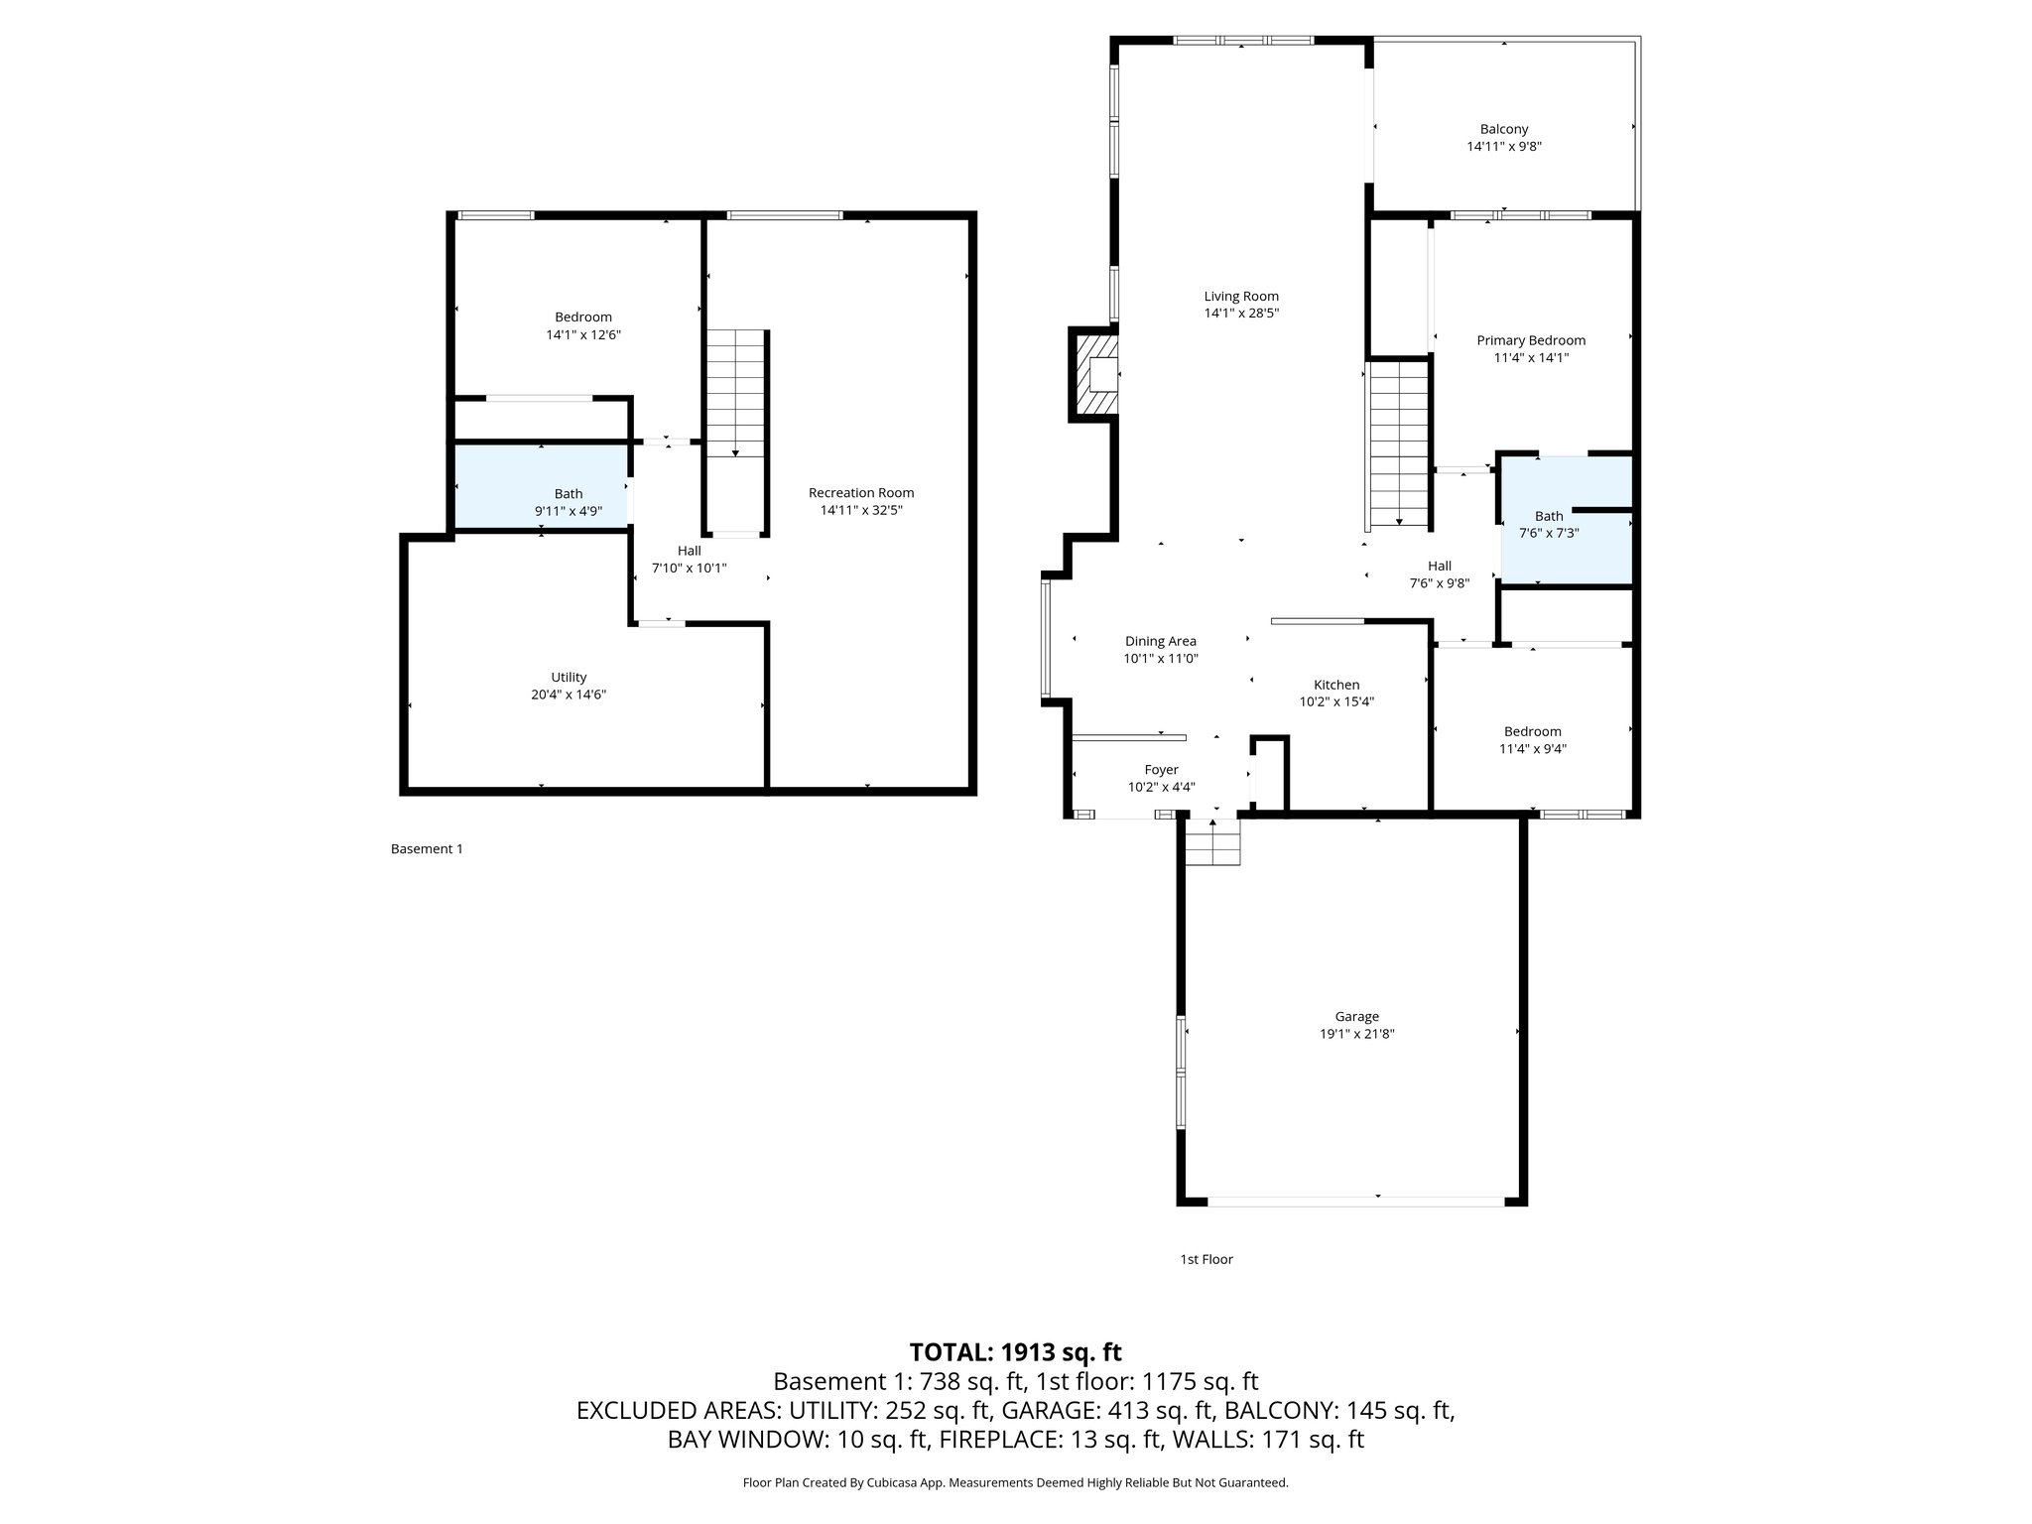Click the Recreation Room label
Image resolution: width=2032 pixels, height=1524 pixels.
pyautogui.click(x=860, y=493)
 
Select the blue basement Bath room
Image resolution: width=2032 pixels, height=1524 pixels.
pyautogui.click(x=541, y=486)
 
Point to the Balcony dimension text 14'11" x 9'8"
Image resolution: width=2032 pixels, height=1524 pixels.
pyautogui.click(x=1503, y=147)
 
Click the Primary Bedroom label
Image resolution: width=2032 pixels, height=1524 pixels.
pyautogui.click(x=1531, y=340)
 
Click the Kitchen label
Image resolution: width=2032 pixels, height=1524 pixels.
pyautogui.click(x=1335, y=685)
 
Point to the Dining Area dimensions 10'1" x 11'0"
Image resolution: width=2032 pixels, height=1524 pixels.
pyautogui.click(x=1160, y=658)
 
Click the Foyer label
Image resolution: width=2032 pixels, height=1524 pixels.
pyautogui.click(x=1161, y=770)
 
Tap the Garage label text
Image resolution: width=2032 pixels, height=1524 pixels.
pyautogui.click(x=1356, y=1016)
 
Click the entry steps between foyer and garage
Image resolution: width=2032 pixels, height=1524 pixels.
pyautogui.click(x=1213, y=844)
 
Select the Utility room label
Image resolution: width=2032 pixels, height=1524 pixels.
pyautogui.click(x=569, y=678)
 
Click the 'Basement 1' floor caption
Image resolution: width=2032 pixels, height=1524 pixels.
pyautogui.click(x=427, y=849)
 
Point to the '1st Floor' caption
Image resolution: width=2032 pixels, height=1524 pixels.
pyautogui.click(x=1206, y=1259)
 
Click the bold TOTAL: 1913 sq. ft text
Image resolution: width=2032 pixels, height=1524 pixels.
pyautogui.click(x=1015, y=1352)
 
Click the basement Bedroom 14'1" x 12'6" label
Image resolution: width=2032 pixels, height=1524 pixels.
pyautogui.click(x=582, y=317)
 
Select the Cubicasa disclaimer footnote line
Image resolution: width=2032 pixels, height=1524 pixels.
pyautogui.click(x=1015, y=1483)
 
